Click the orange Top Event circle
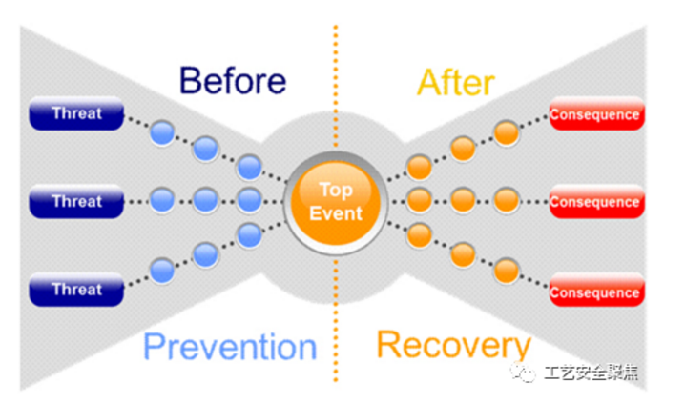(336, 201)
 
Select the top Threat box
(77, 114)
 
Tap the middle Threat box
(77, 201)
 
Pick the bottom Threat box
(77, 289)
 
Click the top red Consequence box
(594, 115)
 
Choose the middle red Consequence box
(594, 202)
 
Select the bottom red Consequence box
(594, 292)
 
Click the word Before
(232, 81)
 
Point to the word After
(455, 82)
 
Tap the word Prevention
(230, 346)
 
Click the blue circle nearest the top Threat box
(162, 133)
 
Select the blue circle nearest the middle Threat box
(162, 200)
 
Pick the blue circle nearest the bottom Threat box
(162, 271)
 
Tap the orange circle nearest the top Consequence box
(507, 132)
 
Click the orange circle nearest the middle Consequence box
(507, 200)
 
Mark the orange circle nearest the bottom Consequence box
(507, 270)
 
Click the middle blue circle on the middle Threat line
(205, 200)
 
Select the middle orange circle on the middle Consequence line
(463, 200)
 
